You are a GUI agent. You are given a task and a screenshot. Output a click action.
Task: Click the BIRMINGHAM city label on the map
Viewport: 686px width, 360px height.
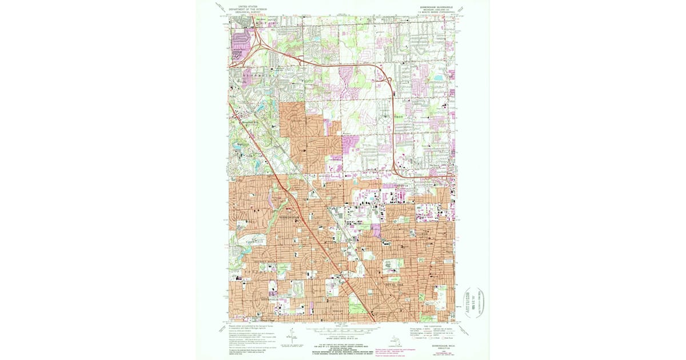pos(290,218)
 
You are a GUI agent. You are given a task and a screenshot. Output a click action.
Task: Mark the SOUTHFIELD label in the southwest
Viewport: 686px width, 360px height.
pos(252,298)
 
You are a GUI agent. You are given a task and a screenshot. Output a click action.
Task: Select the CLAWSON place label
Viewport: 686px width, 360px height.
pos(421,233)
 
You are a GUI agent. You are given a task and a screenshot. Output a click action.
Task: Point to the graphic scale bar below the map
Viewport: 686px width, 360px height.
pos(343,330)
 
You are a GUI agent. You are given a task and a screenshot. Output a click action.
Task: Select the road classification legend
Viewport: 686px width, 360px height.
pos(432,331)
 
